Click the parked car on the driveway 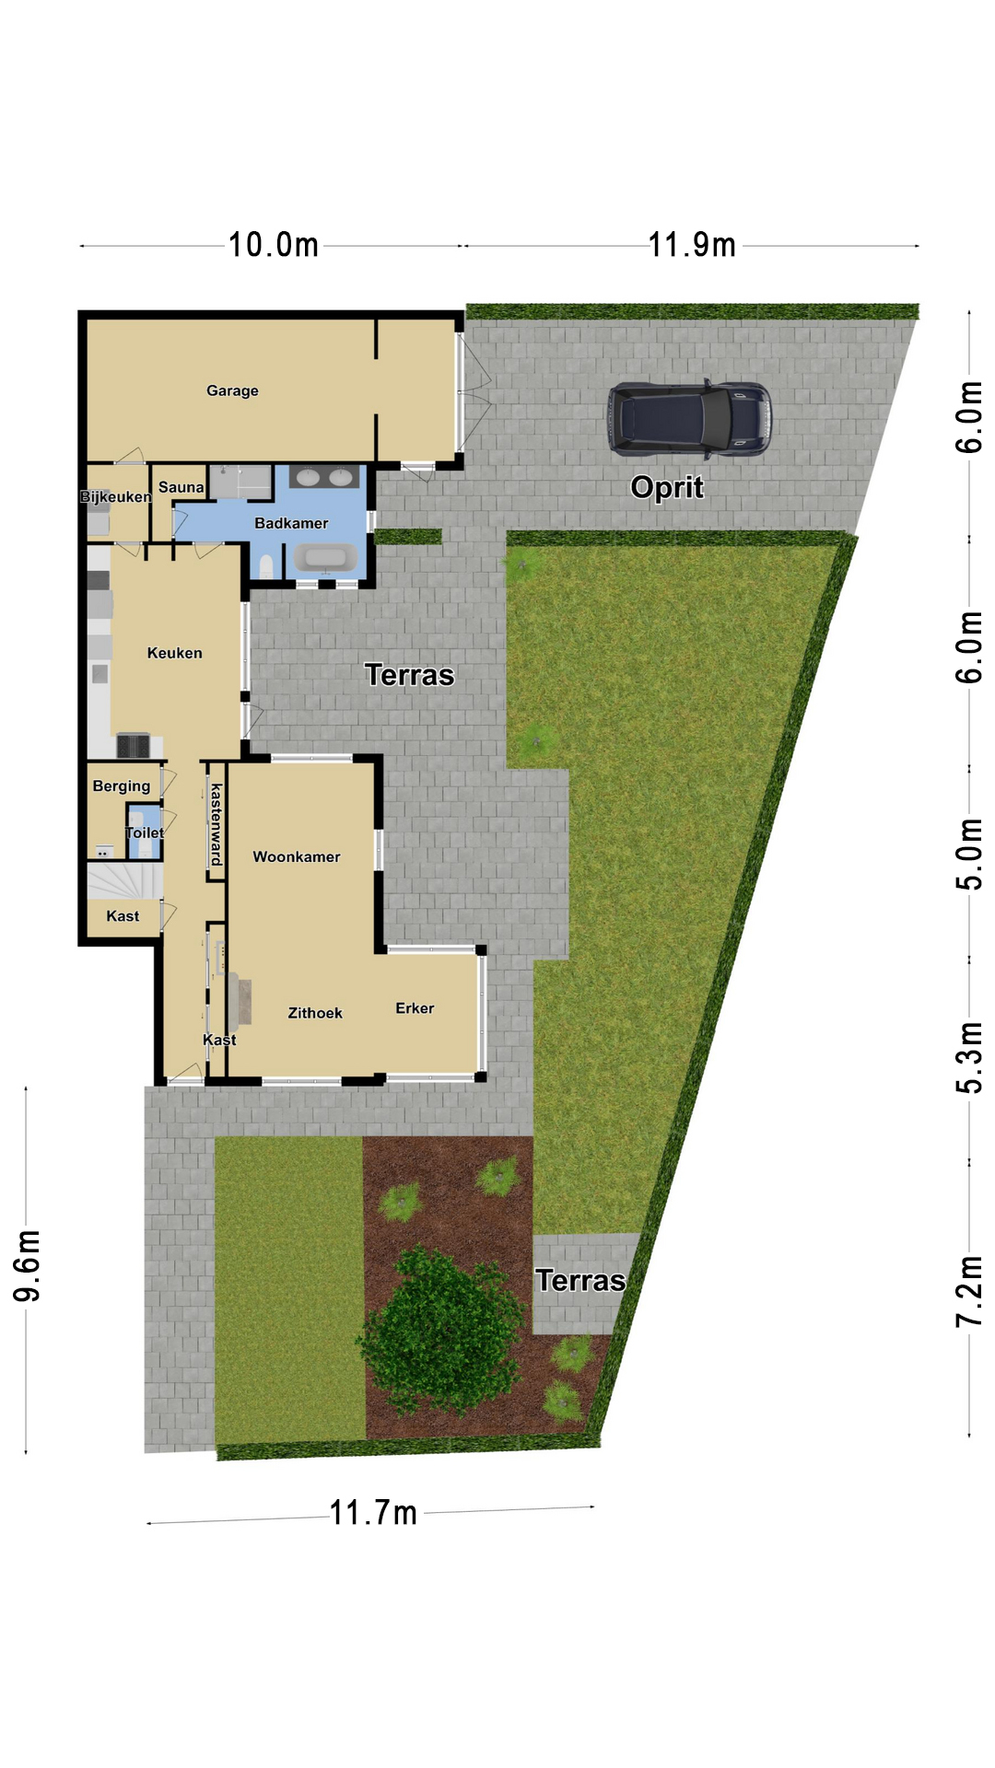[689, 419]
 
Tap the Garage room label [232, 390]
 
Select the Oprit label [667, 487]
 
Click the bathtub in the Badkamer [325, 558]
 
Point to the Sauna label [181, 487]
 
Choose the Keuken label [174, 653]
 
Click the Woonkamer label [297, 856]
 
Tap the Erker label [415, 1008]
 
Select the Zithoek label [315, 1013]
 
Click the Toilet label [145, 832]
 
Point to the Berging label [121, 786]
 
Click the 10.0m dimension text [274, 245]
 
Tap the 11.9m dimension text [693, 245]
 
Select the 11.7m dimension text [374, 1513]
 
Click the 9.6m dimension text [28, 1265]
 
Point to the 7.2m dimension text [969, 1291]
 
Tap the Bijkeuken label [115, 497]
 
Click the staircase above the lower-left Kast [125, 880]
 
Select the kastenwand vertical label [217, 824]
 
